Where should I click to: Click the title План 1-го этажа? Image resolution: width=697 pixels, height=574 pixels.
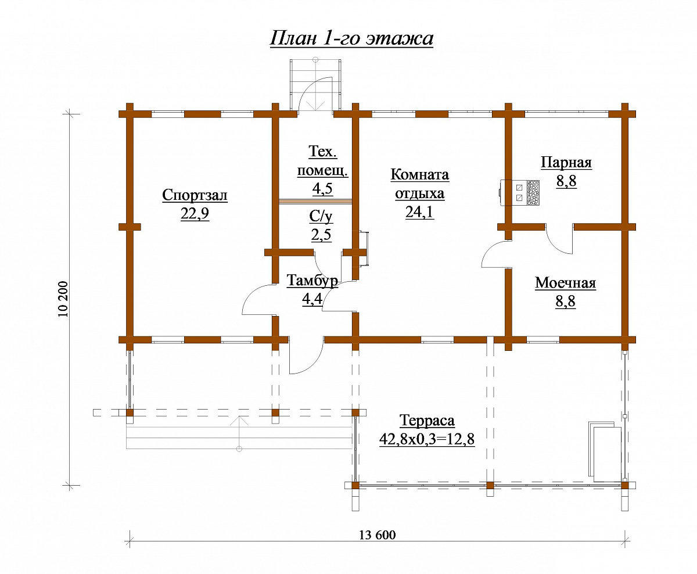(x=351, y=38)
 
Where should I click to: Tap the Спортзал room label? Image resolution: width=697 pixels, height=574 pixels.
(x=195, y=195)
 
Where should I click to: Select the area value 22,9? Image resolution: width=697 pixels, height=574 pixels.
(x=195, y=214)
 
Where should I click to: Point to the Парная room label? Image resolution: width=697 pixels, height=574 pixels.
(x=566, y=162)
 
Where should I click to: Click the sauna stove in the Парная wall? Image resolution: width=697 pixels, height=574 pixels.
(x=519, y=193)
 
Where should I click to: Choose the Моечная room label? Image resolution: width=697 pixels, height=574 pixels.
(x=566, y=283)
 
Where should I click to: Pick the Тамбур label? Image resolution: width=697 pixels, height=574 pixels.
(x=312, y=281)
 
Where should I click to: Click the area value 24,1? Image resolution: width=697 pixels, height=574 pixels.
(x=419, y=212)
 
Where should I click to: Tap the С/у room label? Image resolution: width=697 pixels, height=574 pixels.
(x=321, y=217)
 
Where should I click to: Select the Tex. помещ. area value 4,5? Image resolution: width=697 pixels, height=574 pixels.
(x=322, y=188)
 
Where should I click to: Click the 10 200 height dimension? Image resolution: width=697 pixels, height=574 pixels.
(x=63, y=299)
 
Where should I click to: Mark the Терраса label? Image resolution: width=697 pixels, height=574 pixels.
(x=427, y=421)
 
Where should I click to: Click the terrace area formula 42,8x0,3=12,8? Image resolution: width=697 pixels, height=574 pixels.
(x=427, y=439)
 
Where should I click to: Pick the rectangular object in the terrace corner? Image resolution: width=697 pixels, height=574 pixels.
(x=605, y=451)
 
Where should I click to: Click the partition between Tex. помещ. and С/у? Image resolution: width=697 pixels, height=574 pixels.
(x=315, y=201)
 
